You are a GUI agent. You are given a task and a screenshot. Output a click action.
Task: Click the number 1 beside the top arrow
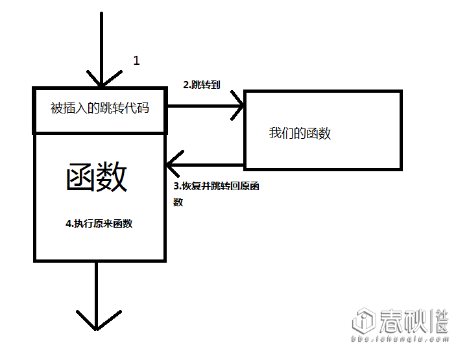pos(136,60)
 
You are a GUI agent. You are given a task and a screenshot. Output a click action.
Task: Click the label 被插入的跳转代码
pos(100,108)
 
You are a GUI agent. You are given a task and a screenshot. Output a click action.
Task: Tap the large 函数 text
pos(97,177)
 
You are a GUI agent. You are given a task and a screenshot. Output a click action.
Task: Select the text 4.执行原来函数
pos(99,223)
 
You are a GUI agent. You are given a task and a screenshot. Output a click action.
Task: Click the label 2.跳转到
pos(203,84)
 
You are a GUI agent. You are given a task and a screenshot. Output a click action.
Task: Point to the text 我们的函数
pos(300,134)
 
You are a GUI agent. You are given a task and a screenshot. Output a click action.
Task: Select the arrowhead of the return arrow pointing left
pos(173,165)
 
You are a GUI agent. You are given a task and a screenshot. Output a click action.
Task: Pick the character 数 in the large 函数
pos(112,177)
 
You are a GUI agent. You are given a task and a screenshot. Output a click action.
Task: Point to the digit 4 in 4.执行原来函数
pos(69,223)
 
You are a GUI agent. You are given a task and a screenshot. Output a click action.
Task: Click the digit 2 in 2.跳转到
pos(186,84)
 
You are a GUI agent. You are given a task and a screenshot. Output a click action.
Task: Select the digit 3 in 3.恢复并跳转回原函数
pos(176,186)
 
